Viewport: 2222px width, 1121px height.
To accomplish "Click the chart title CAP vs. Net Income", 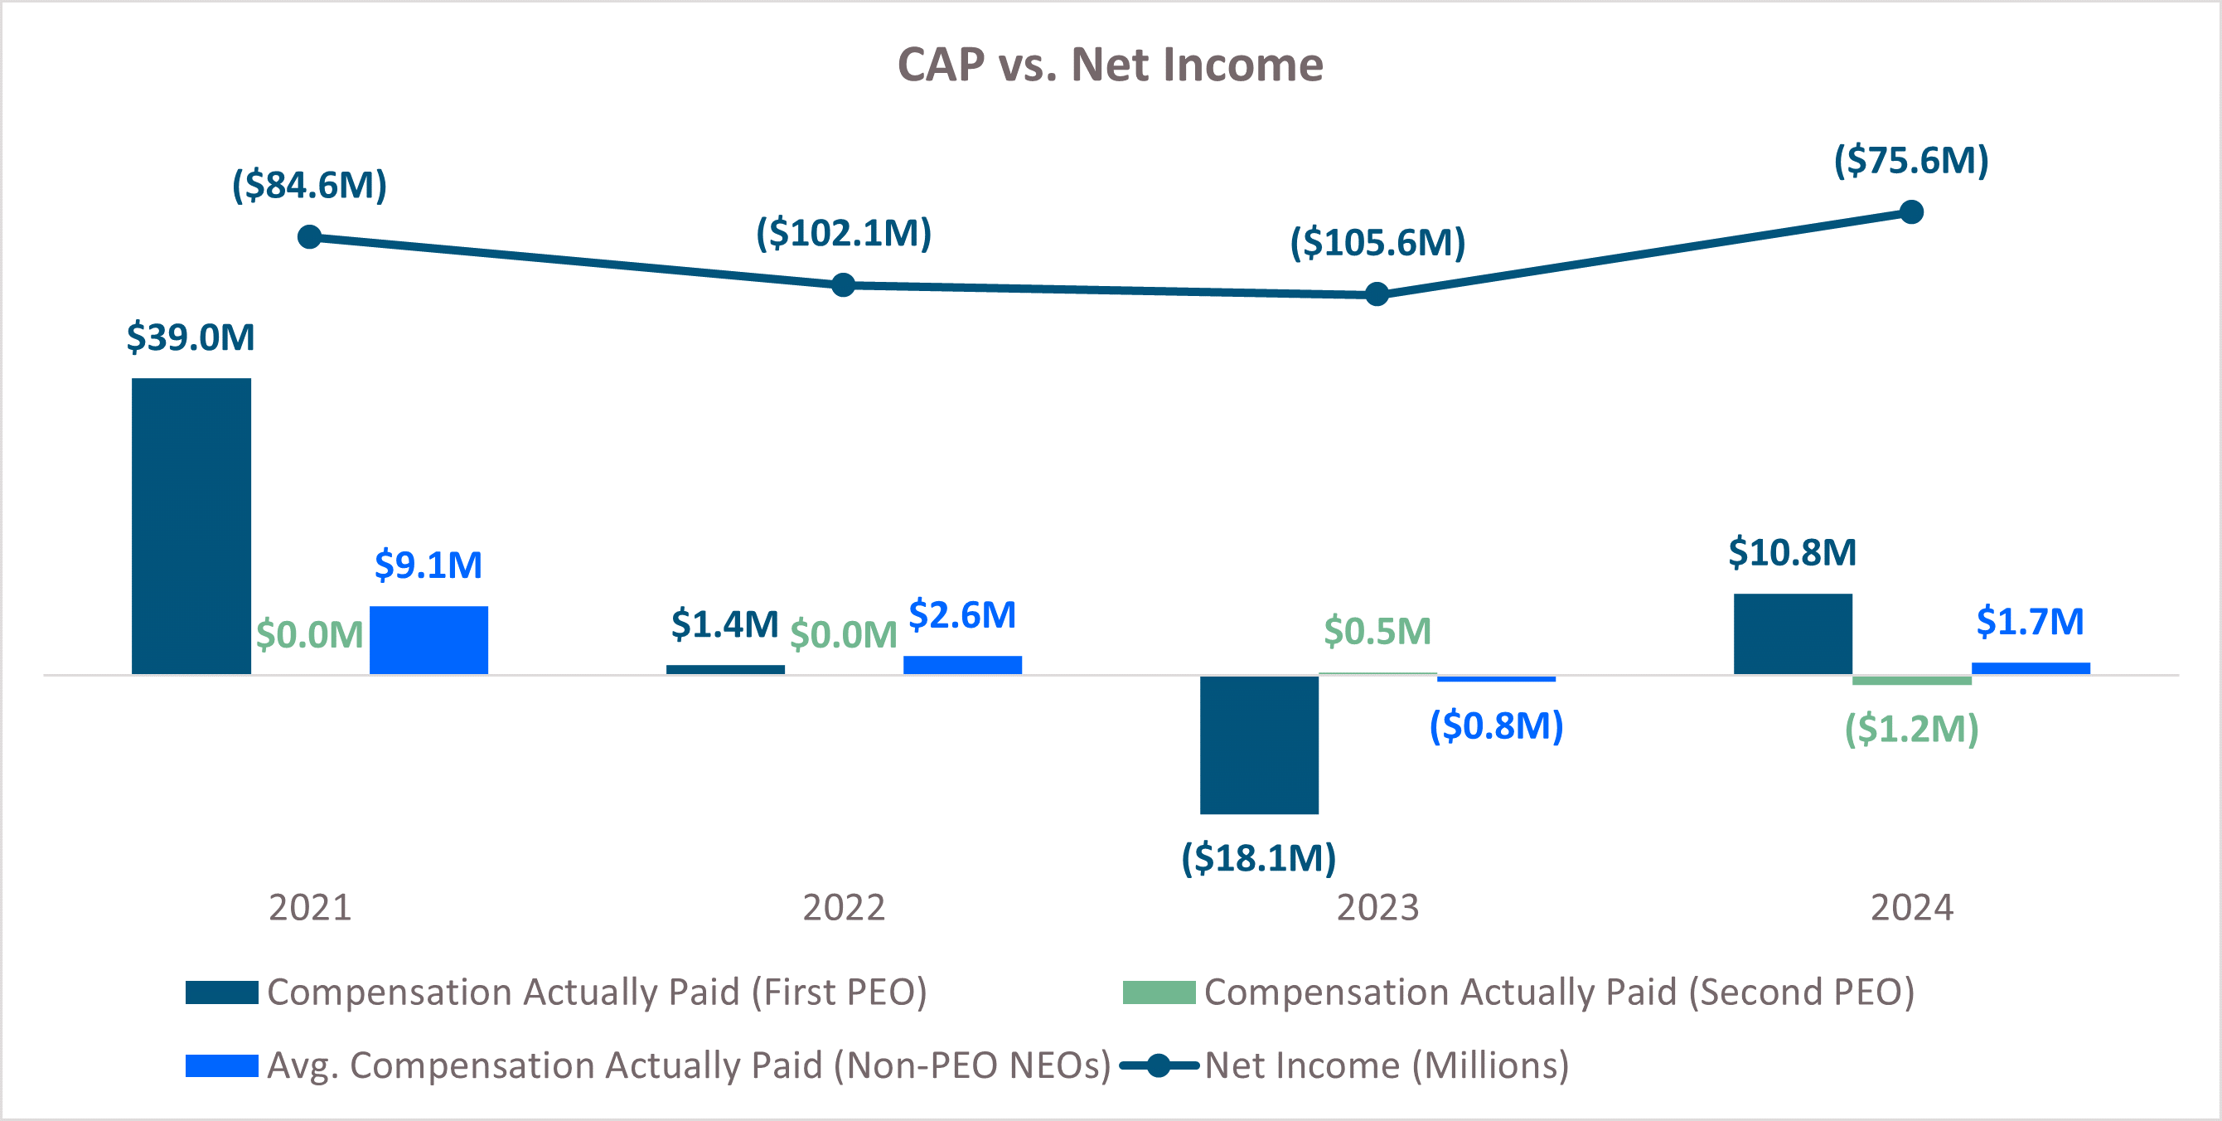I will (x=1110, y=65).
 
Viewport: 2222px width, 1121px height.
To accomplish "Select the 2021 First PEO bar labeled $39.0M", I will (x=191, y=527).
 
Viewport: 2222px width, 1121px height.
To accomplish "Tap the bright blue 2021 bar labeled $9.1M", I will (x=428, y=639).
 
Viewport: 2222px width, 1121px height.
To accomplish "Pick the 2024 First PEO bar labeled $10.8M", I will (x=1793, y=633).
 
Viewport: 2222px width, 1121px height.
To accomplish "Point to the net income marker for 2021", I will (x=310, y=237).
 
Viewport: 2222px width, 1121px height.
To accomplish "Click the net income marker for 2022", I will (x=843, y=284).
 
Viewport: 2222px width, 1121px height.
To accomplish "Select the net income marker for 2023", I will (x=1377, y=295).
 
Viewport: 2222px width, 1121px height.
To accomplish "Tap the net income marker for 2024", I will (x=1911, y=212).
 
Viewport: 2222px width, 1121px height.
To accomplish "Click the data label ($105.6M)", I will (x=1377, y=242).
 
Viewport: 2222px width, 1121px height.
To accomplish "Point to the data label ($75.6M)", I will (x=1910, y=161).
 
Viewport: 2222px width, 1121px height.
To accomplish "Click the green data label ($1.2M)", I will (x=1910, y=729).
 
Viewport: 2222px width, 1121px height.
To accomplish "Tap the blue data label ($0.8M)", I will (x=1496, y=725).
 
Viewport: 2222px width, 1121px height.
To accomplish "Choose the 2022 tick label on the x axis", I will (x=843, y=908).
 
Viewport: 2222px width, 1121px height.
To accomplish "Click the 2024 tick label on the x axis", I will (x=1910, y=908).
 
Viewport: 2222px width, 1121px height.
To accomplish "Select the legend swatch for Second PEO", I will (x=1159, y=992).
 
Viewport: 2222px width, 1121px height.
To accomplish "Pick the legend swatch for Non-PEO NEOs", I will (x=221, y=1065).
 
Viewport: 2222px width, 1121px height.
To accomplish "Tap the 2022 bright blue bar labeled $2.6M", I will (x=961, y=664).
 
